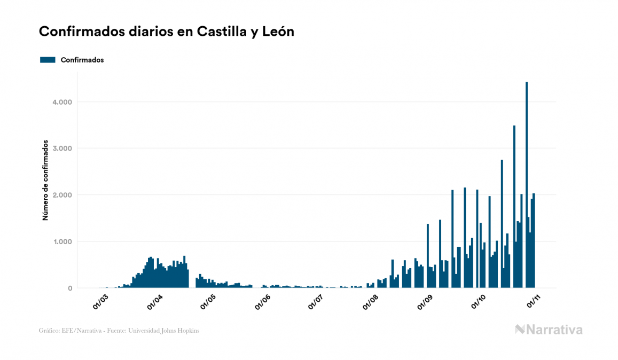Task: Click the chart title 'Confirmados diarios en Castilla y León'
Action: pyautogui.click(x=166, y=32)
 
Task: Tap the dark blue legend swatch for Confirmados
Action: pyautogui.click(x=48, y=60)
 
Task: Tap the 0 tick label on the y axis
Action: pyautogui.click(x=69, y=288)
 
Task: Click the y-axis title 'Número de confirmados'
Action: pyautogui.click(x=46, y=181)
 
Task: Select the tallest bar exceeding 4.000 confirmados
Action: pyautogui.click(x=527, y=187)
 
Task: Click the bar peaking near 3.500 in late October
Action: pyautogui.click(x=514, y=208)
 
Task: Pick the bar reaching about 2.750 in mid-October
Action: pyautogui.click(x=502, y=224)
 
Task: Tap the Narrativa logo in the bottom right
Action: pyautogui.click(x=549, y=330)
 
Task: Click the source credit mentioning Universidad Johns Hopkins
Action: pyautogui.click(x=119, y=331)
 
